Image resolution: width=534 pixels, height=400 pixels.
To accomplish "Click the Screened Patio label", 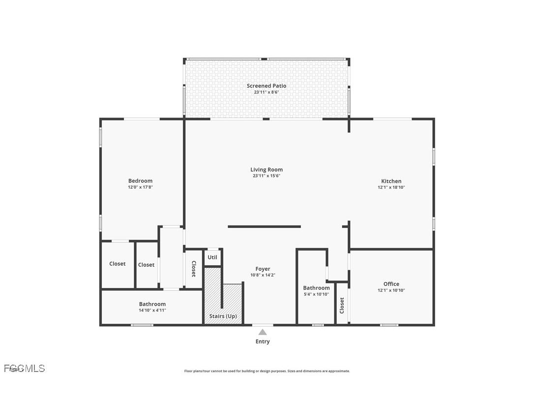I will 266,86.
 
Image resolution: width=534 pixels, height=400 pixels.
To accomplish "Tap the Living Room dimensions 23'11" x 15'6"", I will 267,176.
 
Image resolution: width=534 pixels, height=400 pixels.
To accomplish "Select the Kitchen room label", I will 391,181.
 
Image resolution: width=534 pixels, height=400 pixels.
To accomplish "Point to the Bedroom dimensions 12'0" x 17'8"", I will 140,187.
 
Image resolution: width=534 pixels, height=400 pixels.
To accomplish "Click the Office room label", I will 391,284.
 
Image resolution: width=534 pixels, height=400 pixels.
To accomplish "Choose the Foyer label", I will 263,269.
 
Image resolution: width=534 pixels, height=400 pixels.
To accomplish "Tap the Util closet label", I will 212,257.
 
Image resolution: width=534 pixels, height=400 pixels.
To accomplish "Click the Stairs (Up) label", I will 223,316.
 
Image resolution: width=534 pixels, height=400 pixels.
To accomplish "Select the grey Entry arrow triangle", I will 263,332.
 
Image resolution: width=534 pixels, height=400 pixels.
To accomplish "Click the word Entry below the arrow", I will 263,342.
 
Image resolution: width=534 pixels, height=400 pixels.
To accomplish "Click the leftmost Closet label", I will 118,264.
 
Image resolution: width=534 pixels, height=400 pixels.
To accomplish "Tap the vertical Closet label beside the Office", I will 342,306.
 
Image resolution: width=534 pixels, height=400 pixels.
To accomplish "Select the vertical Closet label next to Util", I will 194,269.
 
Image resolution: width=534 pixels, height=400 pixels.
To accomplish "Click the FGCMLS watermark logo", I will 25,368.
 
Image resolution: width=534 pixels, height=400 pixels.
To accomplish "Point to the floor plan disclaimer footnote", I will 267,371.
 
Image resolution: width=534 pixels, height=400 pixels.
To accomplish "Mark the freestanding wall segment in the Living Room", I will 264,227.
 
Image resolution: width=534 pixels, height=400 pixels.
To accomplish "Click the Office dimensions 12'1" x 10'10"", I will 391,290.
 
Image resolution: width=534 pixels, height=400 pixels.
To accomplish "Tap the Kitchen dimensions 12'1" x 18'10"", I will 391,187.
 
